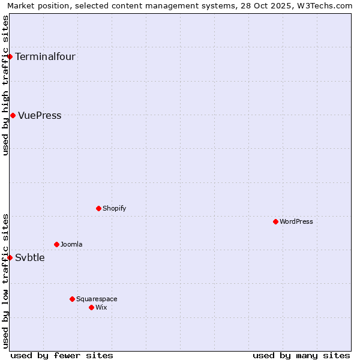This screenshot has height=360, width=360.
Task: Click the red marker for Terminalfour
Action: (10, 56)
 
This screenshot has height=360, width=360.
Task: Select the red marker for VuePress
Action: (13, 115)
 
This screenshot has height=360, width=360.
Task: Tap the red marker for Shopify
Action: (98, 208)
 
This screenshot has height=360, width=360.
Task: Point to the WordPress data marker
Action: (275, 221)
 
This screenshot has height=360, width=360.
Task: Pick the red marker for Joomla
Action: (56, 244)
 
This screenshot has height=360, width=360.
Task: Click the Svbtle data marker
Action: (10, 257)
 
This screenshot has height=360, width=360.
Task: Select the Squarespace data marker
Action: (72, 299)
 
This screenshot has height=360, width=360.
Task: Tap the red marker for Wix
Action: (91, 307)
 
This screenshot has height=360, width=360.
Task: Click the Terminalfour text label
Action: (45, 57)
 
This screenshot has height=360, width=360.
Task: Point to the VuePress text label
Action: (40, 116)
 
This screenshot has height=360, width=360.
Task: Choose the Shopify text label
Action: (114, 209)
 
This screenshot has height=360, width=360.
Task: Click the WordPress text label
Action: (296, 222)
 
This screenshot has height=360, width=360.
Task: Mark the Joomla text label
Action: (71, 245)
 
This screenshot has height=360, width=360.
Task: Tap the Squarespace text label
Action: (97, 299)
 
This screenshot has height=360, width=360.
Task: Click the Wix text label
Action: (101, 308)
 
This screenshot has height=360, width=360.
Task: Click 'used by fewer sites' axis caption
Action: (62, 355)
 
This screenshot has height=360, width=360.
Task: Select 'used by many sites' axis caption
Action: (301, 355)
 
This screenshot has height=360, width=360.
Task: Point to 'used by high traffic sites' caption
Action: (5, 85)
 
